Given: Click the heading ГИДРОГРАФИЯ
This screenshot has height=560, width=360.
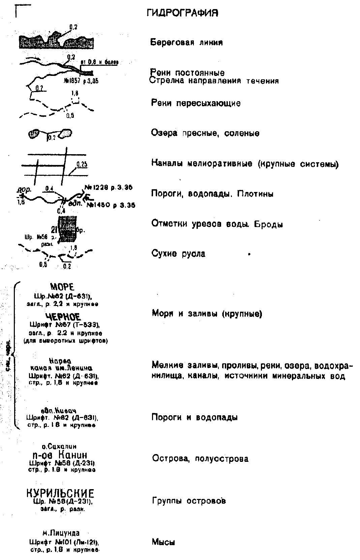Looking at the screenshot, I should click(x=182, y=13).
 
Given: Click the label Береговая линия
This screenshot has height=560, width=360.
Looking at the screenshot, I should click(x=186, y=43).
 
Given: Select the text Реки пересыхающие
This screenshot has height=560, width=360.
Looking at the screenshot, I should click(x=196, y=103).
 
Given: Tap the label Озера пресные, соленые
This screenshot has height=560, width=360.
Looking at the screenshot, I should click(x=205, y=133).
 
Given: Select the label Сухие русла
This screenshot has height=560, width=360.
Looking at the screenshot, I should click(x=178, y=254).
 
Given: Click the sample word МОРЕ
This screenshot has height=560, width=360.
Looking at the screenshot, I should click(x=62, y=287).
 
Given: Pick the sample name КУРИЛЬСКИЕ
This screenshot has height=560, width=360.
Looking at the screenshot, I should click(x=60, y=493).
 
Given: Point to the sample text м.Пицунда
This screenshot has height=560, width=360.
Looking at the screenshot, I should click(x=61, y=533).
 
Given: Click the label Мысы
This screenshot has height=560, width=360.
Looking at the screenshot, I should click(x=163, y=542).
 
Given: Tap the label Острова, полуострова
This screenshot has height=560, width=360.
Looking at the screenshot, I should click(x=200, y=459).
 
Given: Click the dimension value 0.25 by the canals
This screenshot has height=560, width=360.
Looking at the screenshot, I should click(x=82, y=165).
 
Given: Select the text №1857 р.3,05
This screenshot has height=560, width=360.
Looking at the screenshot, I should click(x=81, y=81).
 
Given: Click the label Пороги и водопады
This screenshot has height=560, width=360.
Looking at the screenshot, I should click(x=194, y=417).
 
